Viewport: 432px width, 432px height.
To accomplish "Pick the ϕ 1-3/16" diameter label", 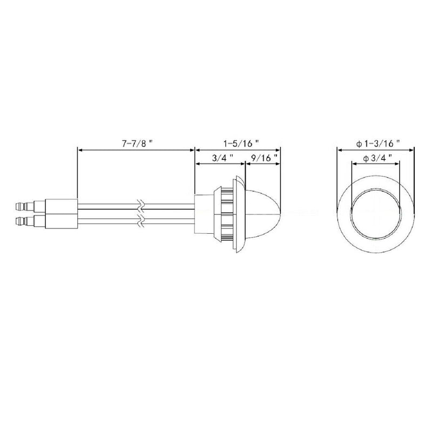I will (378, 143).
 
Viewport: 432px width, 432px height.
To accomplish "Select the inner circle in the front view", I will (377, 213).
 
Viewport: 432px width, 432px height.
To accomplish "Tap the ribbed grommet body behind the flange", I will (222, 213).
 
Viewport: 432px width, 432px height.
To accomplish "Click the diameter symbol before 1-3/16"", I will (359, 143).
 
